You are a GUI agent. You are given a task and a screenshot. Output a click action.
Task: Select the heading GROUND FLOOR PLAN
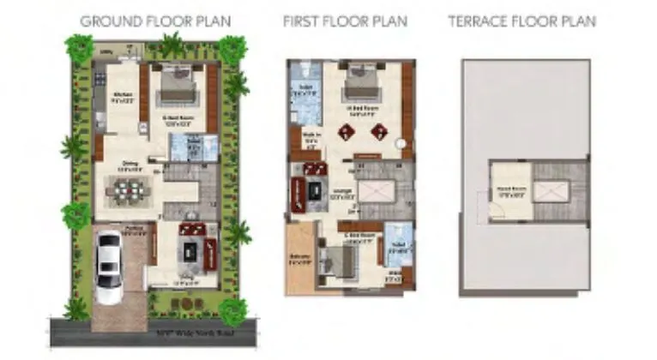click(x=155, y=20)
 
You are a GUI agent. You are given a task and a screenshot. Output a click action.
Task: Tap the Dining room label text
click(x=130, y=168)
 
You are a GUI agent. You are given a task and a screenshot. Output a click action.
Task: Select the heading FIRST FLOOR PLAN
click(x=346, y=20)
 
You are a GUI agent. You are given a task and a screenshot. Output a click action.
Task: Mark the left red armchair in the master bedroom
click(x=348, y=131)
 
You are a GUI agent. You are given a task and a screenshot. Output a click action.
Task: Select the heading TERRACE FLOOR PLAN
click(x=521, y=20)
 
